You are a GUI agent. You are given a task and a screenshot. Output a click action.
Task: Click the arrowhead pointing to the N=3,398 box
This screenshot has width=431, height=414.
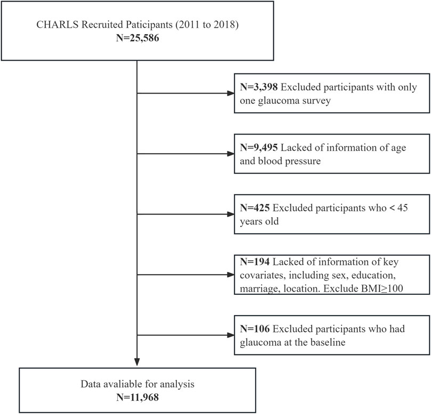pyautogui.click(x=230, y=94)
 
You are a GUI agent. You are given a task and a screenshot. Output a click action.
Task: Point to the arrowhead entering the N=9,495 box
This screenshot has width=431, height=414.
pyautogui.click(x=230, y=154)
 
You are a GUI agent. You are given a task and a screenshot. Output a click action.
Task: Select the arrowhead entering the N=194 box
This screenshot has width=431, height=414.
pyautogui.click(x=230, y=275)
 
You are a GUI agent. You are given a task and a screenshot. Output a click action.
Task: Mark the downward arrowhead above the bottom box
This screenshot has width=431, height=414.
pyautogui.click(x=137, y=363)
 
